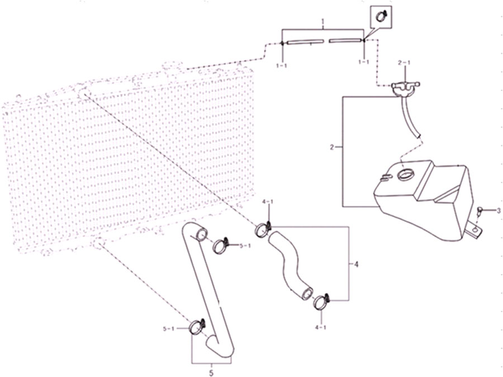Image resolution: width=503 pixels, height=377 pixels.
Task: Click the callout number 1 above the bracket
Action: [323, 22]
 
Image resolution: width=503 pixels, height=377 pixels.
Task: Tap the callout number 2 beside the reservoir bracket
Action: [332, 148]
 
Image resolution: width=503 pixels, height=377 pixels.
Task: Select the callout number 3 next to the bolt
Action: [498, 211]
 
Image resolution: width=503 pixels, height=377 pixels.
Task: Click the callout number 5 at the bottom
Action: [211, 373]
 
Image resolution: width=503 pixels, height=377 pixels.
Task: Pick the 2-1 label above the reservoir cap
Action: [404, 63]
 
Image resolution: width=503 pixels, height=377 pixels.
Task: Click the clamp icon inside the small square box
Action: [381, 16]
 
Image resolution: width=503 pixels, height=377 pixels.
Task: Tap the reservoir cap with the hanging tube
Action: [406, 88]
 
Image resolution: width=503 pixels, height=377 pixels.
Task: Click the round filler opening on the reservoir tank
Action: [406, 175]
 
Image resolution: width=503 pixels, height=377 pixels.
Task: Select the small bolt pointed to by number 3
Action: [480, 211]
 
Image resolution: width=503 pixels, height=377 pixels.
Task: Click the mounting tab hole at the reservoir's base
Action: [474, 229]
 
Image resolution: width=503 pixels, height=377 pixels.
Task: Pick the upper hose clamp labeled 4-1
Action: [263, 229]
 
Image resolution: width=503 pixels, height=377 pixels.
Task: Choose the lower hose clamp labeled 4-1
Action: [321, 302]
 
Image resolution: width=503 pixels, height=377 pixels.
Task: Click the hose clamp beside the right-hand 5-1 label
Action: [221, 246]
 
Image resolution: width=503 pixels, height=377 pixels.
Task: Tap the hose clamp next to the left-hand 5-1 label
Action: [197, 327]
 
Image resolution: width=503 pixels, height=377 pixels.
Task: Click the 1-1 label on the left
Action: [281, 65]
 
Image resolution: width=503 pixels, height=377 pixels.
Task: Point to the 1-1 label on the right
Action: [363, 62]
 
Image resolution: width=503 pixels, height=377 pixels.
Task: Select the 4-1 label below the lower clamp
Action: [321, 328]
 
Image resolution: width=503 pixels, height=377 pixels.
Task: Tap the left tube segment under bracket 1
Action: [305, 42]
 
